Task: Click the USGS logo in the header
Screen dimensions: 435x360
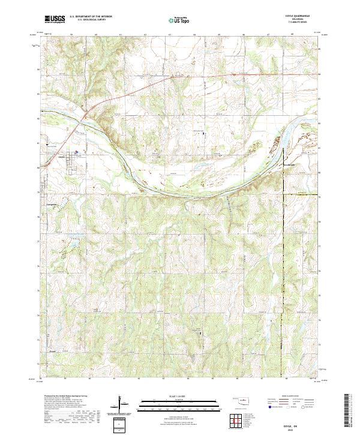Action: [55, 19]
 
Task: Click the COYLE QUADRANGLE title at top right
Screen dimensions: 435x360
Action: [302, 16]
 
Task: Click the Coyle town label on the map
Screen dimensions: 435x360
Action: [61, 158]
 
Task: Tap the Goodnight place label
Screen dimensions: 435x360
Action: [290, 164]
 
